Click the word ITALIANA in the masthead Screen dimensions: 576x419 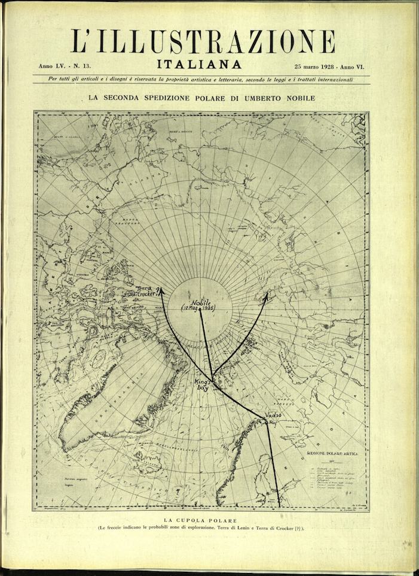pos(200,63)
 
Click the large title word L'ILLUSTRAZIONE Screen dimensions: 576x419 pos(203,41)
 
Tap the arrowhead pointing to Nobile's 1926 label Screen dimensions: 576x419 pos(200,316)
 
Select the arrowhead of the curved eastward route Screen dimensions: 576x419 pos(267,294)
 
